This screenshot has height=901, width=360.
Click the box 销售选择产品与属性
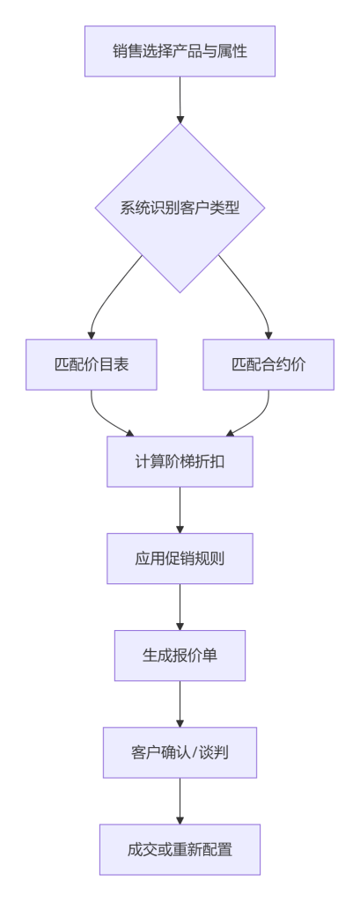180,51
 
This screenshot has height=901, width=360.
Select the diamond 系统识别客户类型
180,208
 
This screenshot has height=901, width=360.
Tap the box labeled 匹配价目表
92,365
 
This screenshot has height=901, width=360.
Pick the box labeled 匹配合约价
268,365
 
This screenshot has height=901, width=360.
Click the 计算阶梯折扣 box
180,461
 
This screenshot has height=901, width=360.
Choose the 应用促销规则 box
180,559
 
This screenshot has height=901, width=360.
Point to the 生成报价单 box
180,656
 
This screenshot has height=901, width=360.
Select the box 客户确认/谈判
180,753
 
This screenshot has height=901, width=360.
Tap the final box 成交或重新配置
180,850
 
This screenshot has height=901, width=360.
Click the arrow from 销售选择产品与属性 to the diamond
180,100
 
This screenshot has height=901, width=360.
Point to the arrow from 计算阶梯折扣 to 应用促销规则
180,510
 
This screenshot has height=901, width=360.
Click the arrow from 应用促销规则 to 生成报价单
180,607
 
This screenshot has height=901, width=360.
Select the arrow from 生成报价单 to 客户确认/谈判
180,705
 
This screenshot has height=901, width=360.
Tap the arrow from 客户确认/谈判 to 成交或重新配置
180,802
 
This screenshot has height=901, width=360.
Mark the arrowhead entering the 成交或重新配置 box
180,821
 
